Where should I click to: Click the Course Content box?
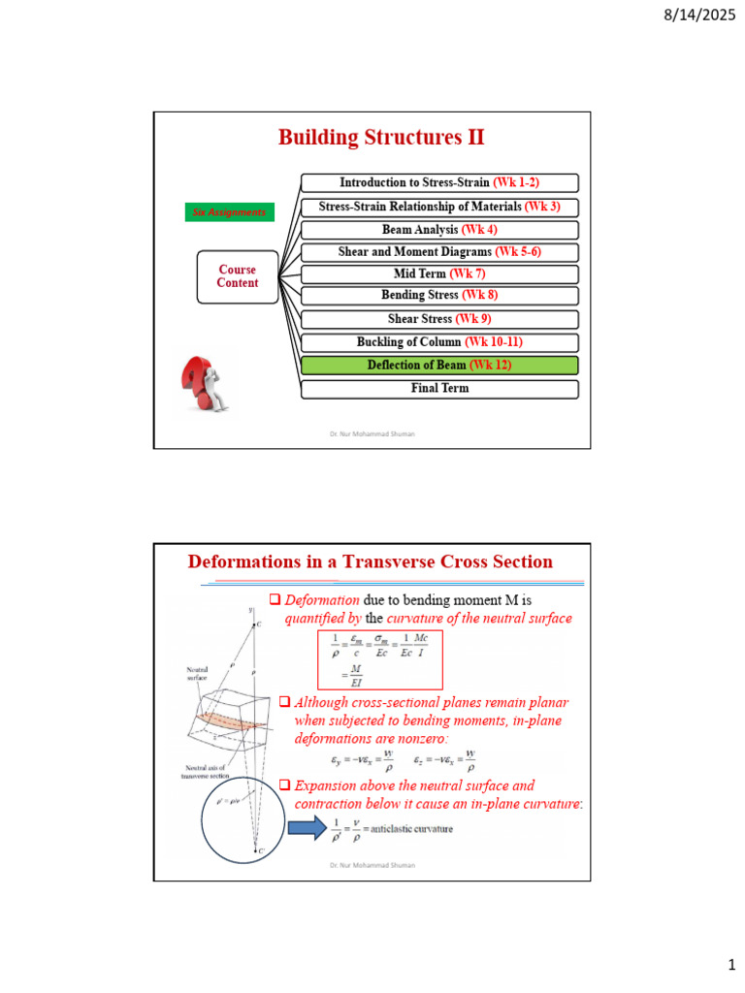[238, 276]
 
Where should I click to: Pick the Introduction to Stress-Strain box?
[439, 182]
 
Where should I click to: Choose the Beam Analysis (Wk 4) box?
[439, 230]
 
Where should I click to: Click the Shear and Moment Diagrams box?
[439, 252]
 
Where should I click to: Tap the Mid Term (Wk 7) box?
[439, 274]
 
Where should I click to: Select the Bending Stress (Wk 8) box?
[439, 295]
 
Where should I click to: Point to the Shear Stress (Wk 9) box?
[439, 319]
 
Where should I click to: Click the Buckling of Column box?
[439, 342]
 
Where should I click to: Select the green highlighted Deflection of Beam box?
[439, 366]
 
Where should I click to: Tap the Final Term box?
[439, 389]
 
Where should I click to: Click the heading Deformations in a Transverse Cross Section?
[371, 562]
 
